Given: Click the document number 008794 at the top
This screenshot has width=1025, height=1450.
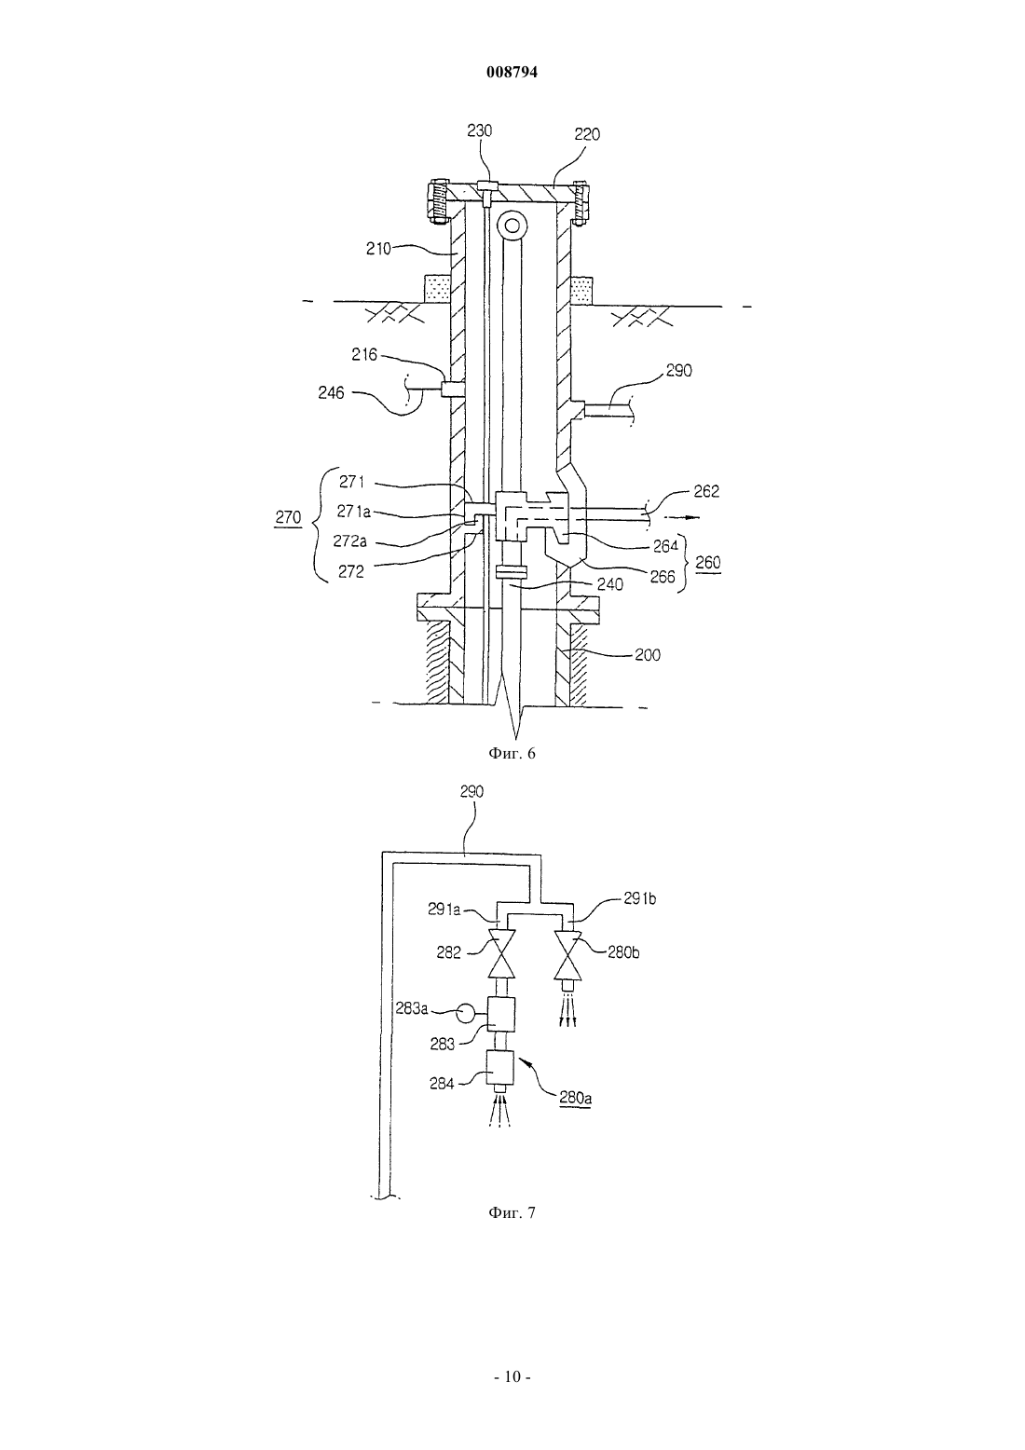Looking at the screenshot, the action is pyautogui.click(x=512, y=73).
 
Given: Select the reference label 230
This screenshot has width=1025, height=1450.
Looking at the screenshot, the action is pyautogui.click(x=480, y=130).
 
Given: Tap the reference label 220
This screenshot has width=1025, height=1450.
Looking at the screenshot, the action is pyautogui.click(x=587, y=134).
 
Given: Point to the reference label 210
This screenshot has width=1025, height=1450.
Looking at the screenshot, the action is pyautogui.click(x=378, y=249).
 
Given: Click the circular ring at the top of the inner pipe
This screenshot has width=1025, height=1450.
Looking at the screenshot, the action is pyautogui.click(x=512, y=226).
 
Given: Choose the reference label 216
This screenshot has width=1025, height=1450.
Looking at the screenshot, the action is pyautogui.click(x=364, y=355).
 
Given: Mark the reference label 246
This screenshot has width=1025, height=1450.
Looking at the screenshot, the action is pyautogui.click(x=331, y=393).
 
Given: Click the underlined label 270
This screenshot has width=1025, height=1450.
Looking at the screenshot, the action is pyautogui.click(x=288, y=518).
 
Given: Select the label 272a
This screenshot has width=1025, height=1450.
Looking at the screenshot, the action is pyautogui.click(x=349, y=541).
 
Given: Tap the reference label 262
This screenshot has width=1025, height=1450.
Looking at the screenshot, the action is pyautogui.click(x=706, y=491).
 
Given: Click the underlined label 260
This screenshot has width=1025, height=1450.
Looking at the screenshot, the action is pyautogui.click(x=707, y=563).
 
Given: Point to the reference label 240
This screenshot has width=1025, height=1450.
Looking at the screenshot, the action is pyautogui.click(x=609, y=584).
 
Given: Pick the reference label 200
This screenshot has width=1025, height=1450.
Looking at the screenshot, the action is pyautogui.click(x=647, y=655).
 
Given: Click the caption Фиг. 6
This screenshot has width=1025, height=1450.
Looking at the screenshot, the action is pyautogui.click(x=512, y=754).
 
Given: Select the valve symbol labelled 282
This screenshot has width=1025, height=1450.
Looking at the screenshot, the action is pyautogui.click(x=501, y=953).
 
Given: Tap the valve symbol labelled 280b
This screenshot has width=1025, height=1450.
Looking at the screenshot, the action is pyautogui.click(x=568, y=954).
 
